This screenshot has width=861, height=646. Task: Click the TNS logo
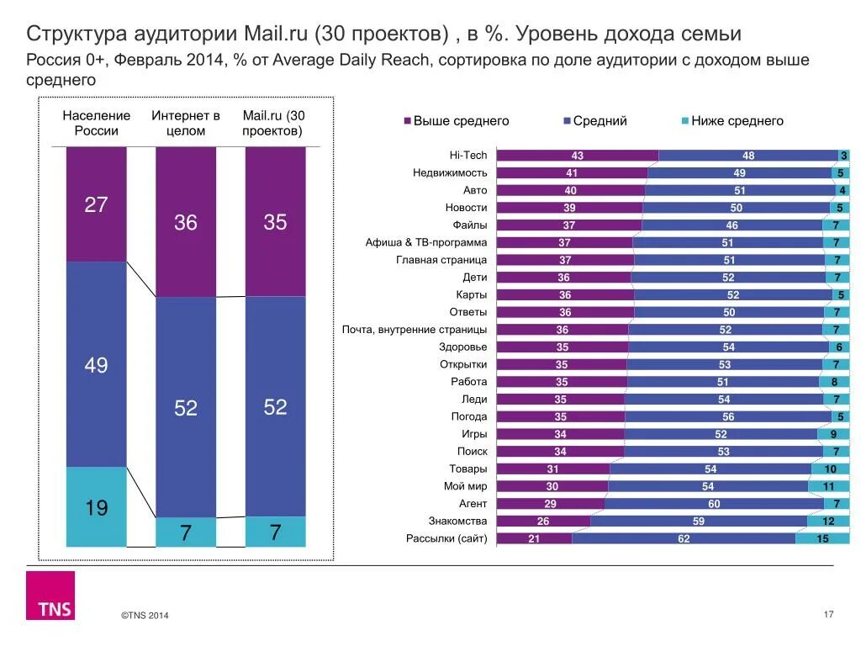50,596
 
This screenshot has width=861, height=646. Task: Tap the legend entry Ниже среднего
737,121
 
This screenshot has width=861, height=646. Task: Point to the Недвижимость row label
450,173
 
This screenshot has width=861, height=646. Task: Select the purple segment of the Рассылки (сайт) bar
534,539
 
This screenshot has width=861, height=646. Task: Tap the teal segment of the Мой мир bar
828,486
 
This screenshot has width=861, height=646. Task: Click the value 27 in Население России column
96,204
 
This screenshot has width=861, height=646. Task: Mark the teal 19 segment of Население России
96,507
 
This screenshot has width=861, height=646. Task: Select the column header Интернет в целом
186,124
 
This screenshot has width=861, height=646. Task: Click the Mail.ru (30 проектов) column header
274,124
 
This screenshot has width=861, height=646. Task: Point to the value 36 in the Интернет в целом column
186,223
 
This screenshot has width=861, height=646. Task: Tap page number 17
828,615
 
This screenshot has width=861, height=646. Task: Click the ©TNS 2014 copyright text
145,617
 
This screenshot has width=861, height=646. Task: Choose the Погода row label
468,416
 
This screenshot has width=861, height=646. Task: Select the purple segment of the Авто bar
570,191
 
